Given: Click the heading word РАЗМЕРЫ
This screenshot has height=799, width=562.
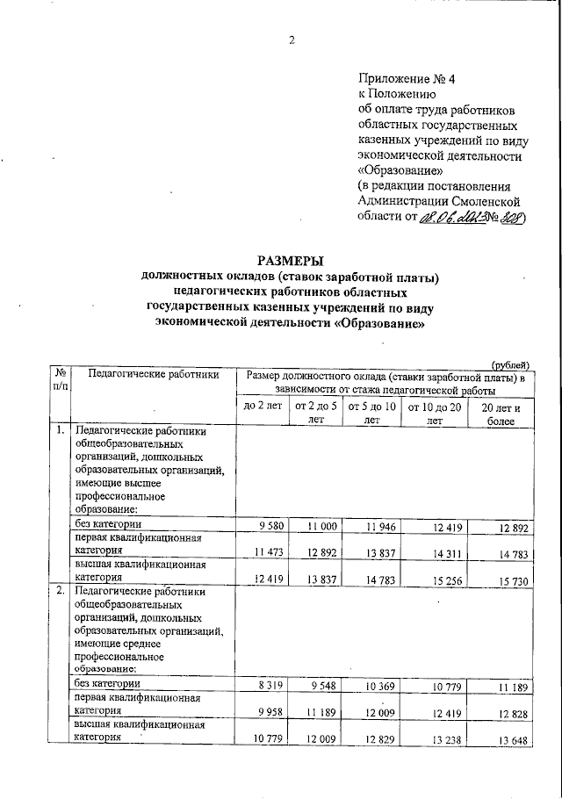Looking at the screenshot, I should point(291,261).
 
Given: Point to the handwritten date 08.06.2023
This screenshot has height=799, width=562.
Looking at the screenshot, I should point(450,220).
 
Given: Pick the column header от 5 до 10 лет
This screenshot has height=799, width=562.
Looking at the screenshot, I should point(371,413).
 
